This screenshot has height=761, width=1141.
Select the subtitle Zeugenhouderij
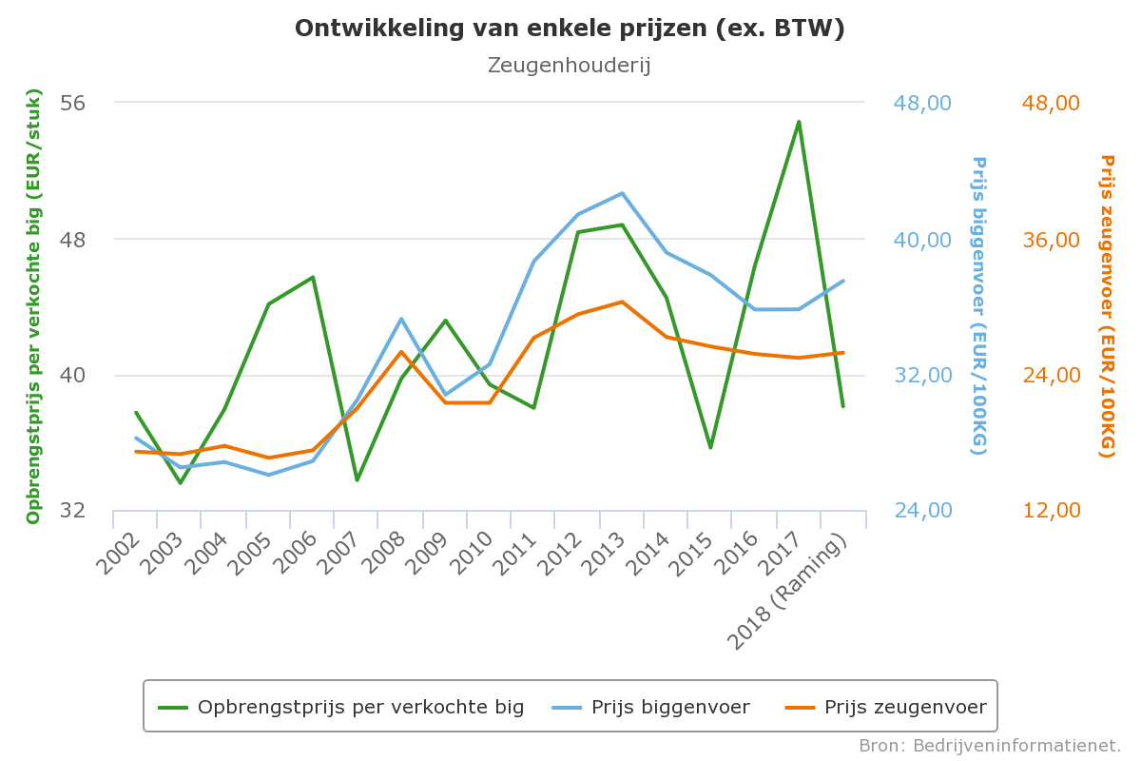pos(569,66)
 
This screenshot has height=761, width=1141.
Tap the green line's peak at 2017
pos(799,122)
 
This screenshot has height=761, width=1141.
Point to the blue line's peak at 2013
pos(622,193)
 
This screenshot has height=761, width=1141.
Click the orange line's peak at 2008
pos(401,352)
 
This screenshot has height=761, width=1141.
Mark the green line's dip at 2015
pos(710,447)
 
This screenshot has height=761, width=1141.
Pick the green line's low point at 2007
pos(357,479)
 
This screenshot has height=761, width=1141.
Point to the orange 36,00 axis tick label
pos(1052,239)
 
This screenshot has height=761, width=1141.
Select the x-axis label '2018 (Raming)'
pos(791,595)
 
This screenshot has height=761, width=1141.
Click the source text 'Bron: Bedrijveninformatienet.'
pos(990,746)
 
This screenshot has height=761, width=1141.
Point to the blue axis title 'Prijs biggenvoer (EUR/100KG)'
pos(978,305)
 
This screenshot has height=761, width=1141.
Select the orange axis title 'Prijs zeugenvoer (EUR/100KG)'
pos(1107,305)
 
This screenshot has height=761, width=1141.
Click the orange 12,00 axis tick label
pos(1052,511)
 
